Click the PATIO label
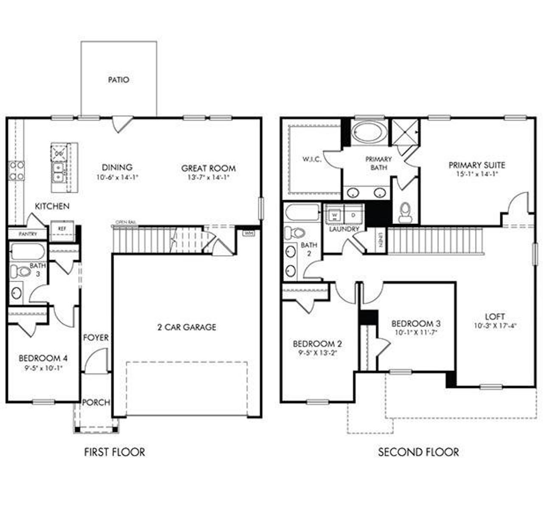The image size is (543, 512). click(x=118, y=80)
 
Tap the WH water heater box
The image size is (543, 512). click(x=247, y=232)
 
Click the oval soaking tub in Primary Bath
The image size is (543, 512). click(x=369, y=132)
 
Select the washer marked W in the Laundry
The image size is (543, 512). click(x=334, y=215)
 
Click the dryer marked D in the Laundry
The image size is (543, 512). click(x=353, y=215)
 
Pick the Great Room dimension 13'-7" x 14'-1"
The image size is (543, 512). click(x=208, y=178)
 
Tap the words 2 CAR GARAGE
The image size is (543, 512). click(x=187, y=327)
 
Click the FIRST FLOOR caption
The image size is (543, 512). click(x=114, y=452)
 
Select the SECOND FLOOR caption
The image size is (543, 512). click(x=418, y=452)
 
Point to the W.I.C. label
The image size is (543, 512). click(x=312, y=159)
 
